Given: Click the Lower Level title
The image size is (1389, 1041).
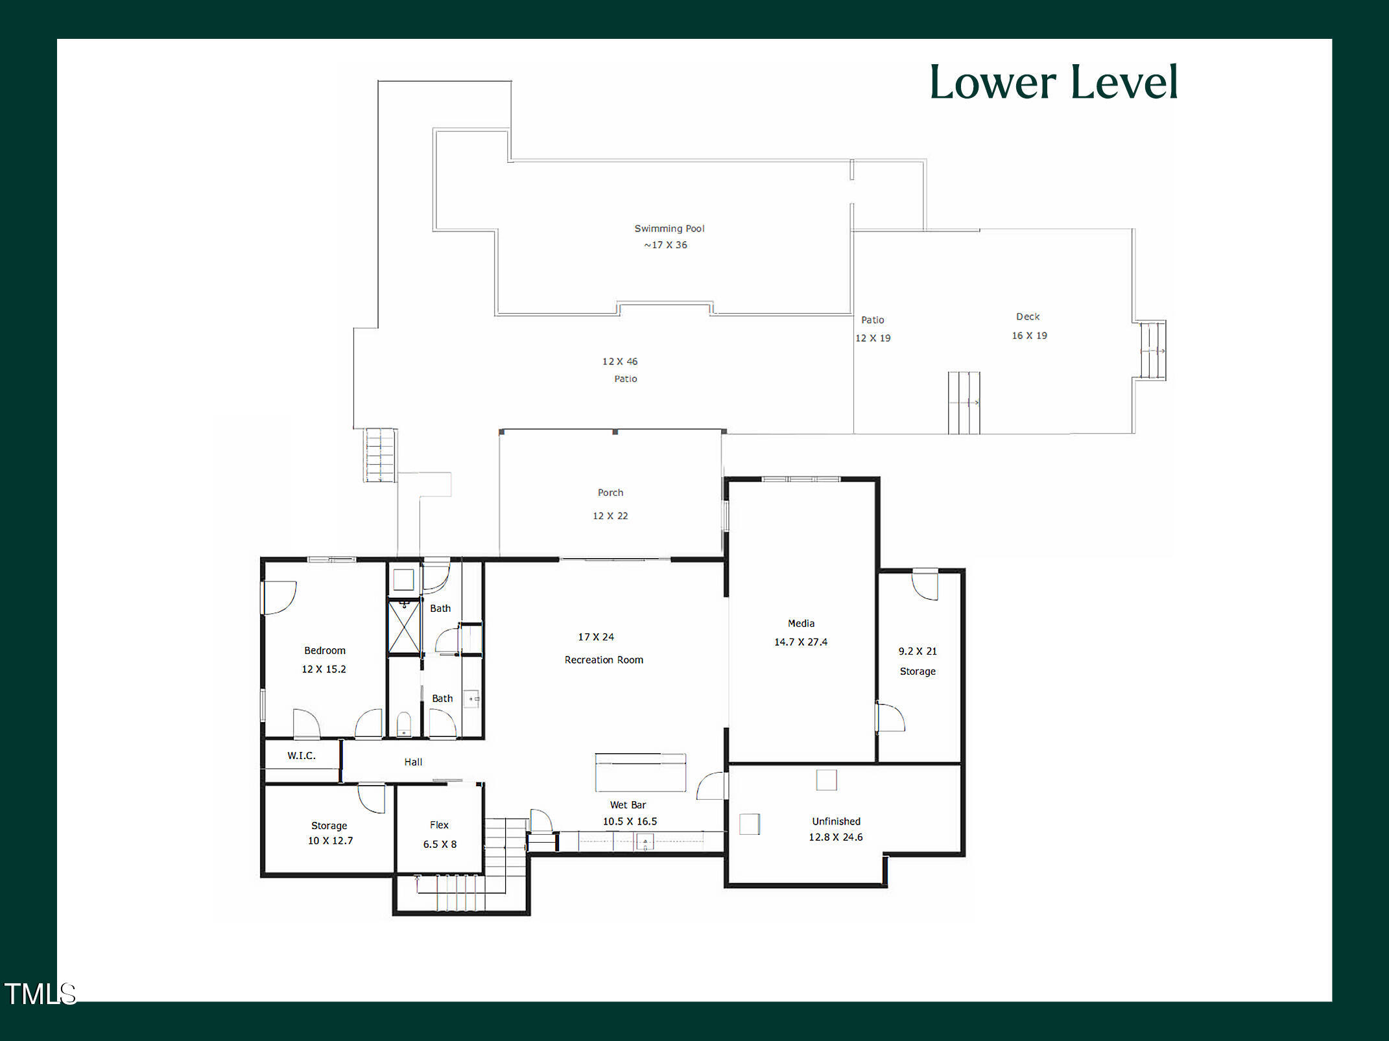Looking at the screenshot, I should click(1053, 82).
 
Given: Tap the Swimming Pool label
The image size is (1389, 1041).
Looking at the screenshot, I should click(669, 228).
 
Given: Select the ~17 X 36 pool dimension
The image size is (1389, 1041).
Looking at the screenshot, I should click(665, 245).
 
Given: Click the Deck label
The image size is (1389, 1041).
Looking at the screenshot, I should click(1027, 316).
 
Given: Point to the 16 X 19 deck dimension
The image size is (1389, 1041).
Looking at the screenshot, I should click(1029, 335).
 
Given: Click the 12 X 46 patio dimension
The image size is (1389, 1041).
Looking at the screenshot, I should click(619, 361).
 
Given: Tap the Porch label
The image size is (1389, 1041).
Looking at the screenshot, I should click(610, 493).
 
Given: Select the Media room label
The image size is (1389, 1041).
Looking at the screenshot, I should click(801, 623).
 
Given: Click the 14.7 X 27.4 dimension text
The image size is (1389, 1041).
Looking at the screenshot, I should click(800, 642).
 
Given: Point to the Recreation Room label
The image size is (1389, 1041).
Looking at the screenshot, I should click(603, 660).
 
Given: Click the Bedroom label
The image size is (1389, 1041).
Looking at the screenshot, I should click(324, 650).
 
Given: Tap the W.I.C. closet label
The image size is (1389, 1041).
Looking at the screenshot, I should click(302, 755).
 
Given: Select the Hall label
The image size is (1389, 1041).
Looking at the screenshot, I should click(413, 762).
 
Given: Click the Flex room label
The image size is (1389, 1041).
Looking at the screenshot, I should click(439, 825).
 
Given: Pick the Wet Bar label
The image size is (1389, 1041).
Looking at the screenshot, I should click(628, 804).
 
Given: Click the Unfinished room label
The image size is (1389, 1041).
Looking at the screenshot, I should click(836, 821).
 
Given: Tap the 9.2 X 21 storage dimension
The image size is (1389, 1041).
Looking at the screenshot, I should click(917, 651).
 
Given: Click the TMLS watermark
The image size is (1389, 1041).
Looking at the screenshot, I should click(40, 994).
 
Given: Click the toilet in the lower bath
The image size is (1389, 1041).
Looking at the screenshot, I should click(403, 724).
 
